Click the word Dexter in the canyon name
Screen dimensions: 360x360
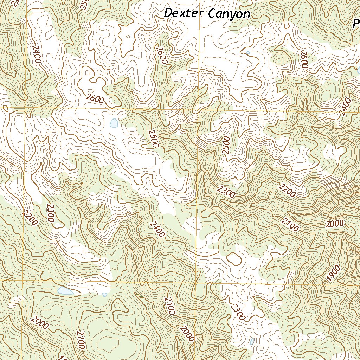(184, 13)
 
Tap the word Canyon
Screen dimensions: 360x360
(229, 14)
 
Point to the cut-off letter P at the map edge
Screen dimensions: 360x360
(356, 24)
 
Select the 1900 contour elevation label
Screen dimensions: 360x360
(333, 274)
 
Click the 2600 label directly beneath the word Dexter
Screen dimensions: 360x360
(162, 56)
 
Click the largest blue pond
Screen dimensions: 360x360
(65, 291)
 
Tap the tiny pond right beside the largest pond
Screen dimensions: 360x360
(104, 295)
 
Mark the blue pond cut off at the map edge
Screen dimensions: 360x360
(358, 69)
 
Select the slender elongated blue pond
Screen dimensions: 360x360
(252, 341)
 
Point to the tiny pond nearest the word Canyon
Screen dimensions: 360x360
(248, 53)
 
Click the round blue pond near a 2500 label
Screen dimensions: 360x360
(114, 123)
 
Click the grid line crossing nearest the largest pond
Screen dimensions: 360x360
(23, 281)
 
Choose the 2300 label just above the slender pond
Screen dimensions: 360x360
(238, 311)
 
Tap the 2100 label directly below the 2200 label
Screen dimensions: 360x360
(290, 224)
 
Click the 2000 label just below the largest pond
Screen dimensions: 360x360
(39, 322)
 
